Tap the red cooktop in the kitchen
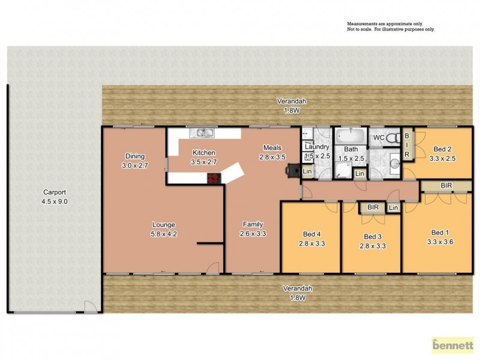point(214,178)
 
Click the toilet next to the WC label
point(392,137)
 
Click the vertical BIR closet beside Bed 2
point(406,146)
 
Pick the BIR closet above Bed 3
point(373,208)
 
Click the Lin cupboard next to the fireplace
point(307,172)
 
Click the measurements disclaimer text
point(390,26)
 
